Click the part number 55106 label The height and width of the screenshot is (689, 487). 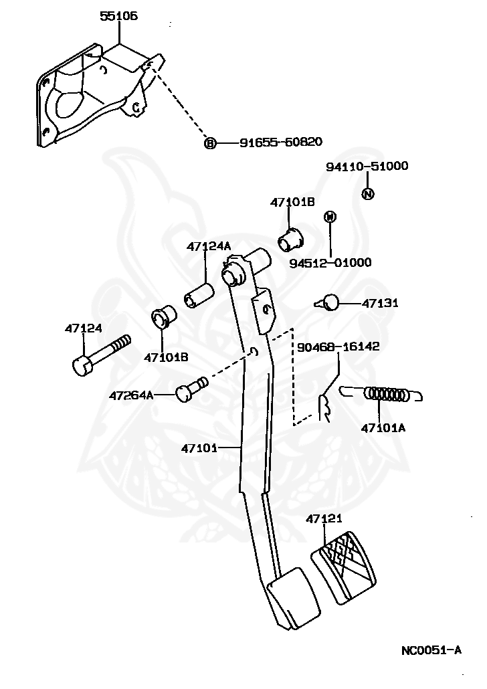click(118, 16)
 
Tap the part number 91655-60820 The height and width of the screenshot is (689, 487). click(281, 142)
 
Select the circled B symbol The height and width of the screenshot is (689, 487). click(211, 142)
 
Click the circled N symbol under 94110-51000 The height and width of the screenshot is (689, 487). click(368, 193)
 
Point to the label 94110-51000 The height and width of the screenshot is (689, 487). click(367, 166)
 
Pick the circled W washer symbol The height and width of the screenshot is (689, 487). click(330, 217)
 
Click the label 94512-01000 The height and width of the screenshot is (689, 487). click(330, 263)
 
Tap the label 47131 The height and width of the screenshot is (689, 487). click(380, 303)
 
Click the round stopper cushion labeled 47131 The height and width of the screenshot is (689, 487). click(328, 302)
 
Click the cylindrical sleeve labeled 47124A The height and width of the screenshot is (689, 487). click(199, 296)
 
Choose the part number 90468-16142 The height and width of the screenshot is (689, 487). click(338, 347)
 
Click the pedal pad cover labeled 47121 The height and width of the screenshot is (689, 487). click(344, 568)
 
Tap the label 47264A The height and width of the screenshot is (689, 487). click(131, 396)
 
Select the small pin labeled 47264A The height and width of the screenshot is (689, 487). click(191, 389)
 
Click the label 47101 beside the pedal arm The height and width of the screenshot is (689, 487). click(199, 448)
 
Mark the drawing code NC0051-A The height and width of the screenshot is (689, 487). click(431, 650)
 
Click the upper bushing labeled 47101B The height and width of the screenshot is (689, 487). click(291, 239)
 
